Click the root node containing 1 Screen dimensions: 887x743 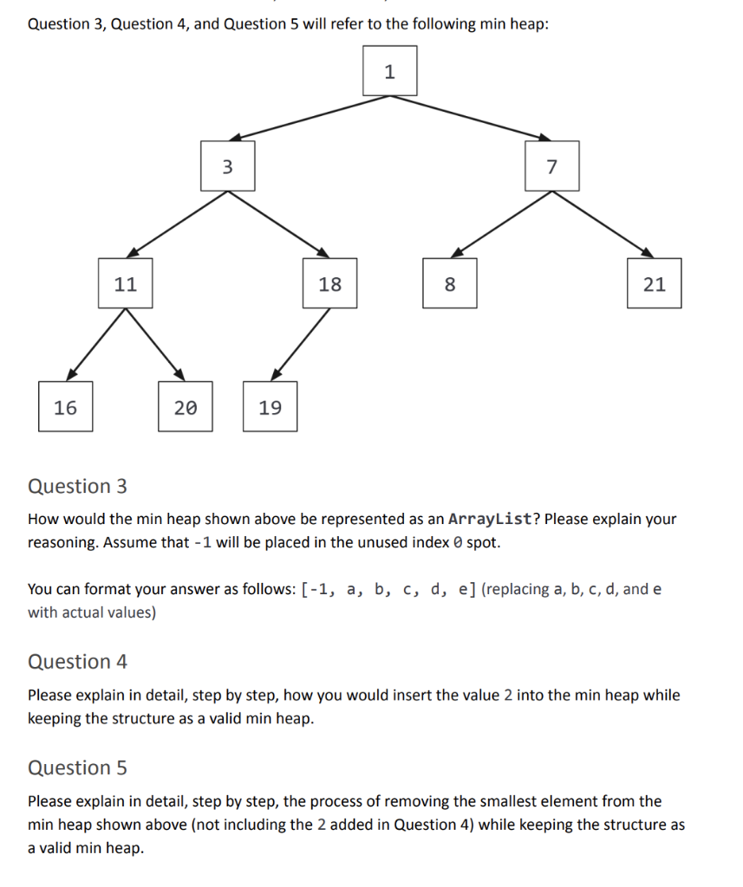point(389,72)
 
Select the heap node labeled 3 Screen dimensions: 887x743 point(228,166)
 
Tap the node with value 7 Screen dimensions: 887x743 point(551,166)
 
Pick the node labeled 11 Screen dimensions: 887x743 point(126,283)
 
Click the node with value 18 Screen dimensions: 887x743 point(329,283)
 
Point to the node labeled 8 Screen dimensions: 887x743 point(449,283)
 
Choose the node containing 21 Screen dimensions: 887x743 point(655,283)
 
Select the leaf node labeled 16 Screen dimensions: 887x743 point(65,407)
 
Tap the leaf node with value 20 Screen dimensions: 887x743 point(185,407)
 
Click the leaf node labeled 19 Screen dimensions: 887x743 point(270,407)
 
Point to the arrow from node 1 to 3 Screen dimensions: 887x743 point(312,116)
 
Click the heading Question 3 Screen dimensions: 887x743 point(77,486)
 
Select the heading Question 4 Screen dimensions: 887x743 point(77,662)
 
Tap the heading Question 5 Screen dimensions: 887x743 point(77,767)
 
